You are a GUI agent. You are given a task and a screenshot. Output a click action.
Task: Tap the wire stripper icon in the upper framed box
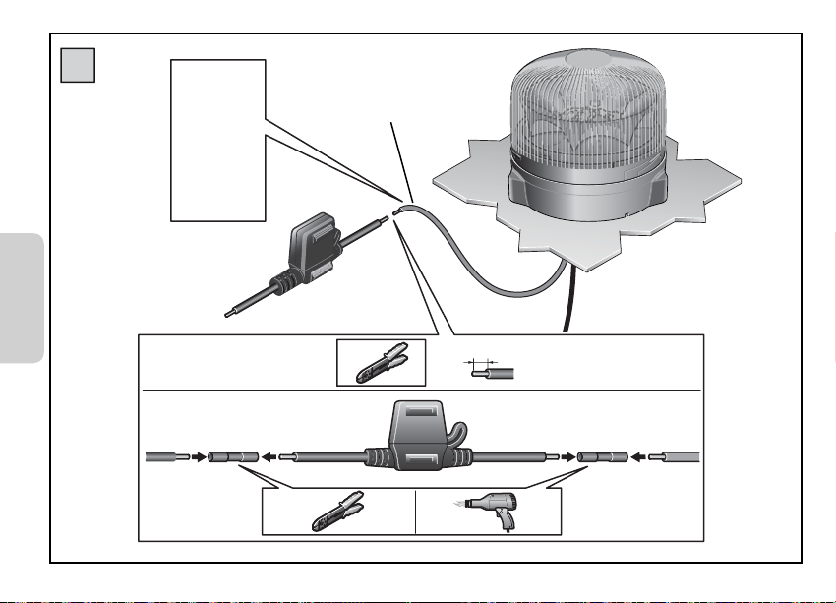[x=381, y=362]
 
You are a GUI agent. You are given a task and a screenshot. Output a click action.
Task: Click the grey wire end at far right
[x=679, y=456]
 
